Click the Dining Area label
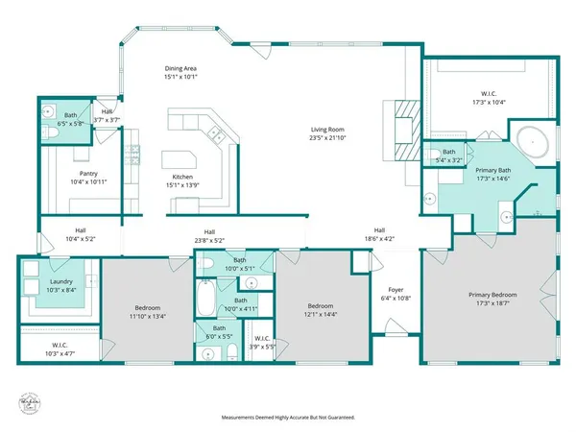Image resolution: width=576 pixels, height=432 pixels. point(180,69)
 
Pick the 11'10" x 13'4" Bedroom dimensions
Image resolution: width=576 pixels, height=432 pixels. point(149,315)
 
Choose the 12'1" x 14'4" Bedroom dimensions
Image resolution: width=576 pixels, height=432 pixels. point(322,315)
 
